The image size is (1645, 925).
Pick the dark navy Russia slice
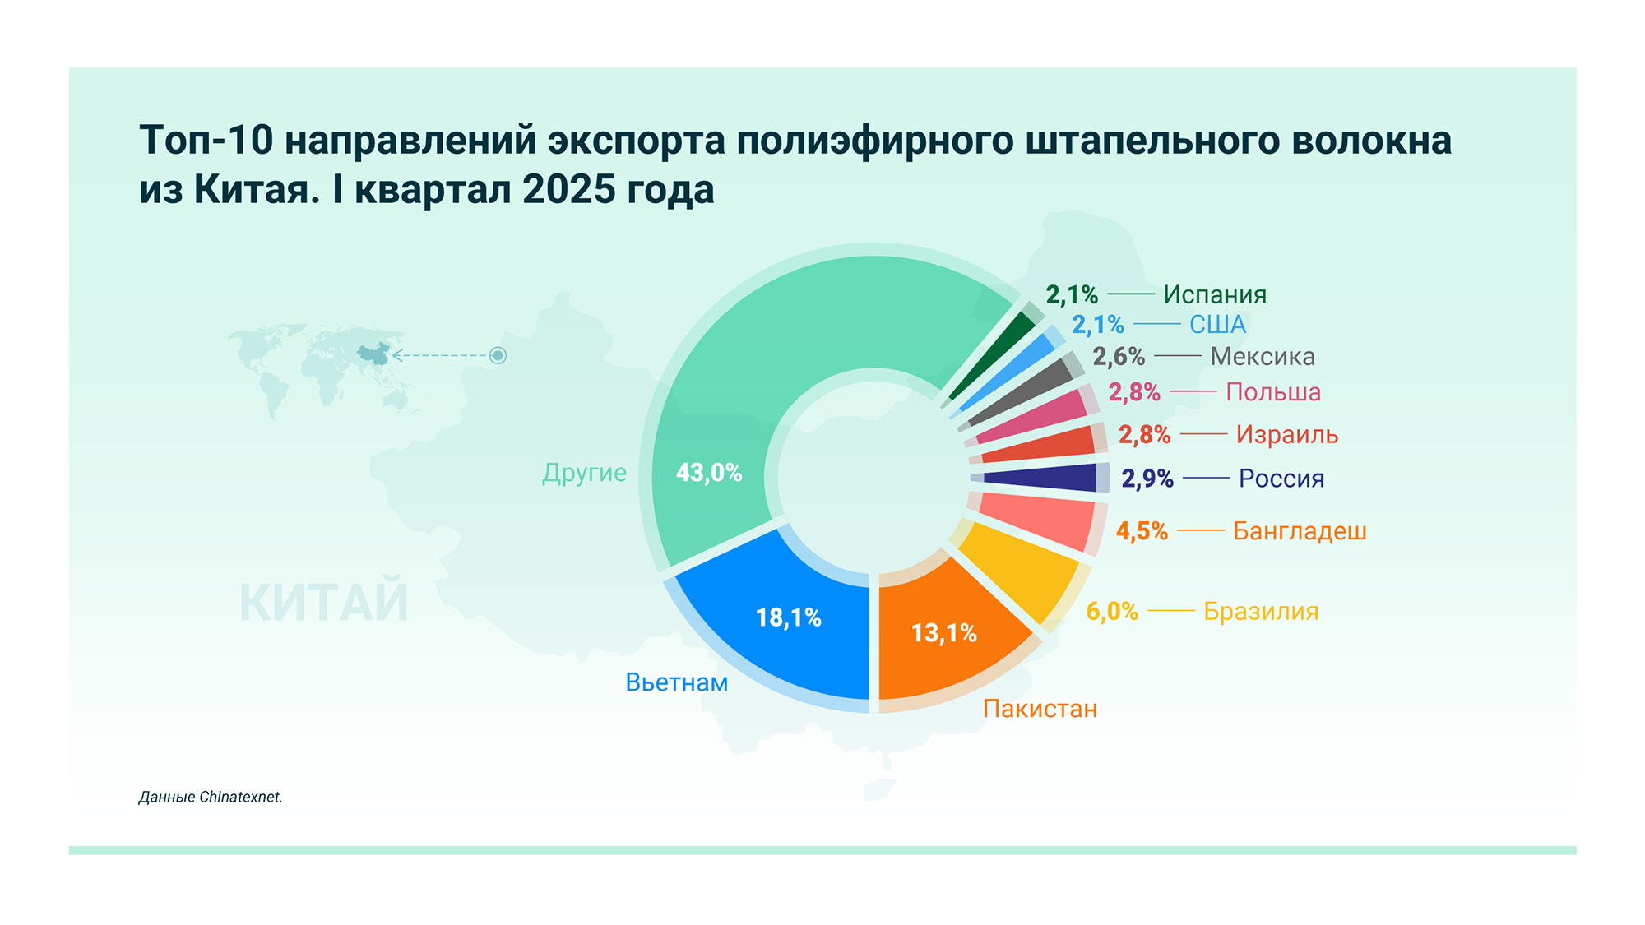click(1040, 478)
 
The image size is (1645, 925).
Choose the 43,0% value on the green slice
click(709, 473)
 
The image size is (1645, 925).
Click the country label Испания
click(1214, 294)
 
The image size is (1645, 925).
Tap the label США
click(1217, 325)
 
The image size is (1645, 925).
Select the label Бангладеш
click(1300, 531)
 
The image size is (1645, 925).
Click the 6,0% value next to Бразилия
click(1112, 611)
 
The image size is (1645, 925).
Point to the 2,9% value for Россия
click(1147, 479)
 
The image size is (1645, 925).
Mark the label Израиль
click(1287, 434)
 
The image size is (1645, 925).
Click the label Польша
click(1273, 392)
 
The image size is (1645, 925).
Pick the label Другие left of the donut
click(584, 473)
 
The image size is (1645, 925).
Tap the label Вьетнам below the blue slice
click(677, 682)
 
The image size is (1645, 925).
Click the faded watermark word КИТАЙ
click(324, 603)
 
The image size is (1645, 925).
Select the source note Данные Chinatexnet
click(211, 797)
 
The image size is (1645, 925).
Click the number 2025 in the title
click(568, 190)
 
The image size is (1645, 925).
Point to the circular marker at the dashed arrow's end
click(498, 355)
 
